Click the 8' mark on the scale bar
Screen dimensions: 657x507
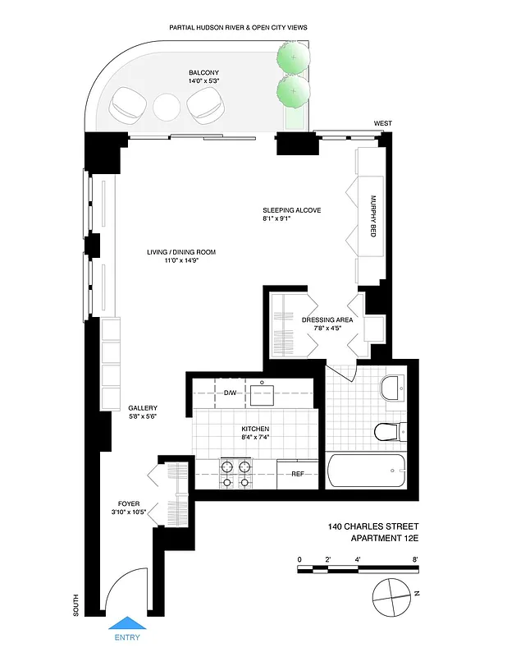point(416,560)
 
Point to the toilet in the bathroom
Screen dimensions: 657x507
point(388,430)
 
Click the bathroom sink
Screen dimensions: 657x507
point(394,385)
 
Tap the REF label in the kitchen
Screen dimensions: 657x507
point(296,473)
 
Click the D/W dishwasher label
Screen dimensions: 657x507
point(230,393)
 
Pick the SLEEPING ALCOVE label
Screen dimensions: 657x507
point(291,210)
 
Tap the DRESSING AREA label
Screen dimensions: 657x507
point(327,320)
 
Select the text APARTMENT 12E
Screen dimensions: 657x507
point(385,538)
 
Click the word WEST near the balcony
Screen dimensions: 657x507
point(382,123)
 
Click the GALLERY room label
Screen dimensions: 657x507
point(142,408)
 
